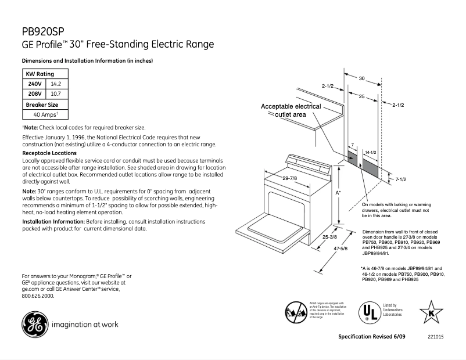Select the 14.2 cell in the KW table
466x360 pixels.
(56, 84)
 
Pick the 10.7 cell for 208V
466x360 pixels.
(56, 93)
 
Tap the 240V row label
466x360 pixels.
(35, 84)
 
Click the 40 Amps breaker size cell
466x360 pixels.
(45, 114)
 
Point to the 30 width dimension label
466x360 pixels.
(361, 78)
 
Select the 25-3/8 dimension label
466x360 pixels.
(330, 237)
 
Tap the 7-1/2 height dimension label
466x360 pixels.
(400, 180)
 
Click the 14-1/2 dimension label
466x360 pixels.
(370, 152)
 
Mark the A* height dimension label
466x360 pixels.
(338, 192)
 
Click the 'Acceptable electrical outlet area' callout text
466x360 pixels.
(291, 111)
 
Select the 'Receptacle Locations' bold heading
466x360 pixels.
(46, 152)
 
